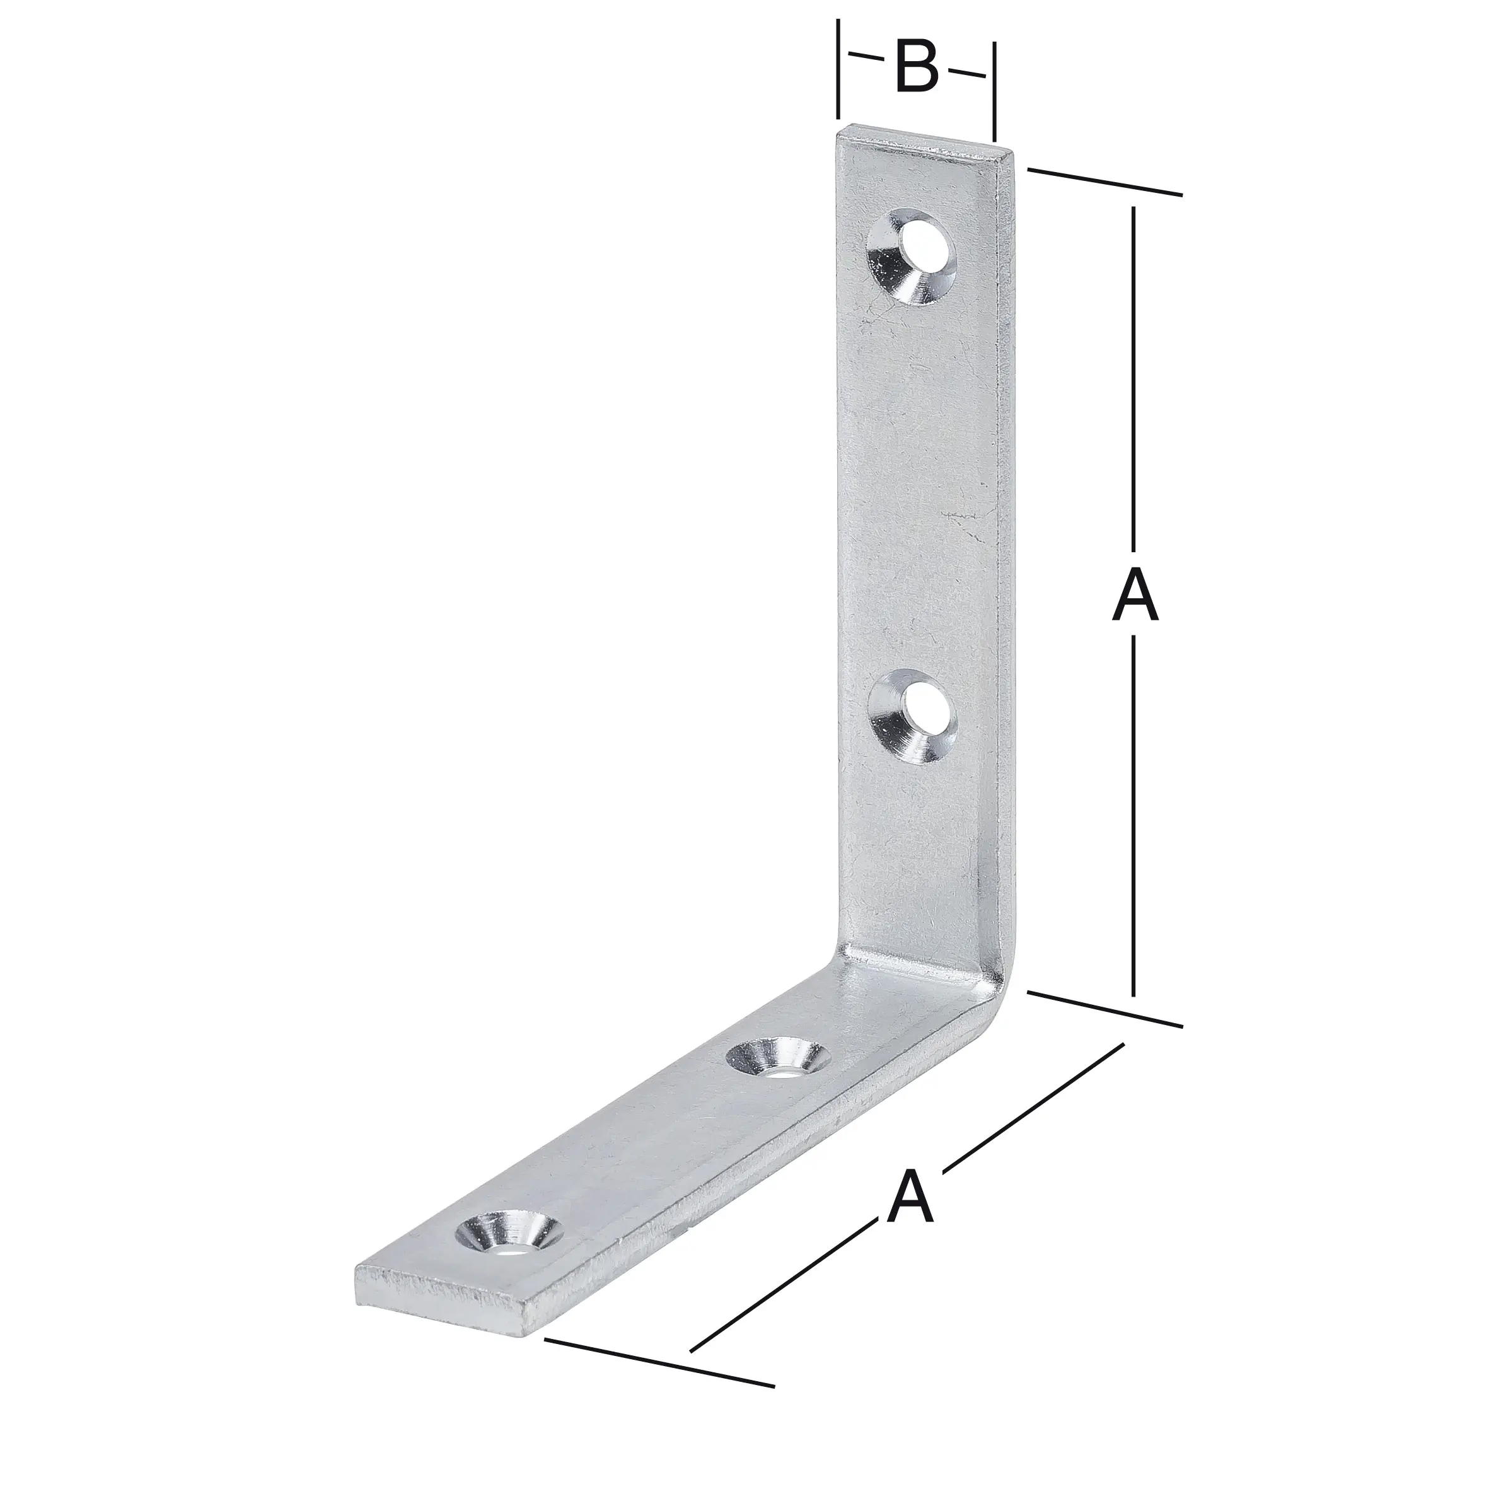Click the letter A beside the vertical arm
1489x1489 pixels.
pyautogui.click(x=1135, y=594)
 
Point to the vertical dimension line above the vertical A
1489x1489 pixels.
pyautogui.click(x=1133, y=370)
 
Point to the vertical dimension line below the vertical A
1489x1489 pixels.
pyautogui.click(x=1133, y=825)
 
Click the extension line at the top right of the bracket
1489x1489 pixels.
pyautogui.click(x=1104, y=183)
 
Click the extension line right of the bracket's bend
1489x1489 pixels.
pyautogui.click(x=1104, y=1010)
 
